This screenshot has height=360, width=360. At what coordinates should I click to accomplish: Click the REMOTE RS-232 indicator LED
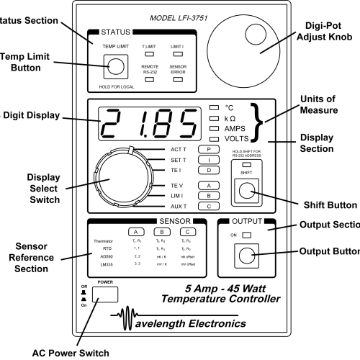[x=150, y=79]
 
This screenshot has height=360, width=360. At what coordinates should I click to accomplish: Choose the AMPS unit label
[x=235, y=126]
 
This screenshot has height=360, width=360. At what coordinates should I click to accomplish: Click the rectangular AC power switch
[x=106, y=293]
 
